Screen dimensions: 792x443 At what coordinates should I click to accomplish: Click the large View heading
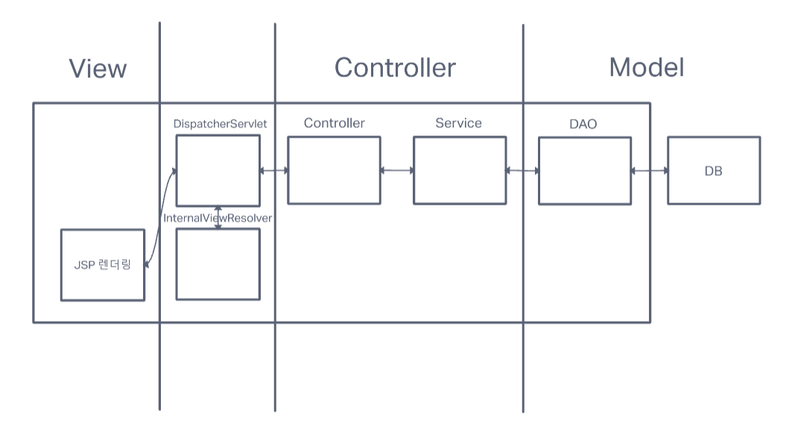click(98, 68)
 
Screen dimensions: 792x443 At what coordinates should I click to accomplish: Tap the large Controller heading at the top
click(395, 68)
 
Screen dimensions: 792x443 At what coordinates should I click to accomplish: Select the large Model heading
click(647, 67)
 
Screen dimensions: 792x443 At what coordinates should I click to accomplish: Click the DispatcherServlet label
click(220, 124)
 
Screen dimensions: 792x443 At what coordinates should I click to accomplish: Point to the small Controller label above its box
click(334, 123)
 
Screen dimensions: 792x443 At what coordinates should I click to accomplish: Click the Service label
click(459, 123)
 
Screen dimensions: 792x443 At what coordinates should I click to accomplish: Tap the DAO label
click(583, 124)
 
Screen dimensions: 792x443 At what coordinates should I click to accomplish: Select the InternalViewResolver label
click(218, 218)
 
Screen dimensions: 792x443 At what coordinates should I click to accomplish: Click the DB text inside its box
click(713, 171)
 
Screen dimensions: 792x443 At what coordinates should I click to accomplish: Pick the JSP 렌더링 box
click(103, 265)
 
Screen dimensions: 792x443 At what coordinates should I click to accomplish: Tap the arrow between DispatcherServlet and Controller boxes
click(274, 170)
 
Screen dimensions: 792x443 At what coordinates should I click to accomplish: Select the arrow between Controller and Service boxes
click(397, 170)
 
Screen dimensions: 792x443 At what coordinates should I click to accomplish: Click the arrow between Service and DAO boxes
click(523, 170)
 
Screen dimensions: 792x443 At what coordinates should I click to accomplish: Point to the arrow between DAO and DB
click(650, 170)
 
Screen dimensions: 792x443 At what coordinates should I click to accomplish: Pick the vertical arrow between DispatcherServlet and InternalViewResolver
click(218, 217)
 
